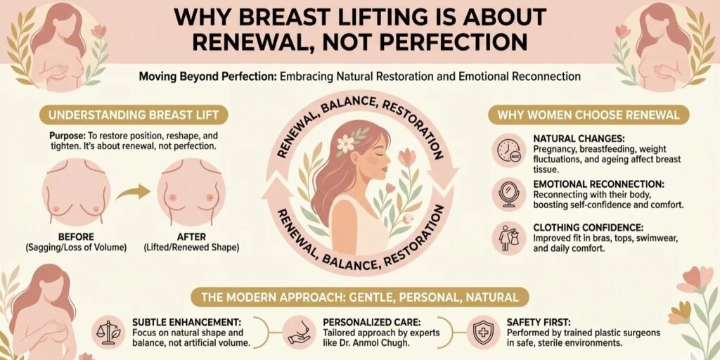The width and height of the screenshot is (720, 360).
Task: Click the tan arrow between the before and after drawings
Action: (x=134, y=191)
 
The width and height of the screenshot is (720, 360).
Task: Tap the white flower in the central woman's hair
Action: (x=346, y=143)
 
